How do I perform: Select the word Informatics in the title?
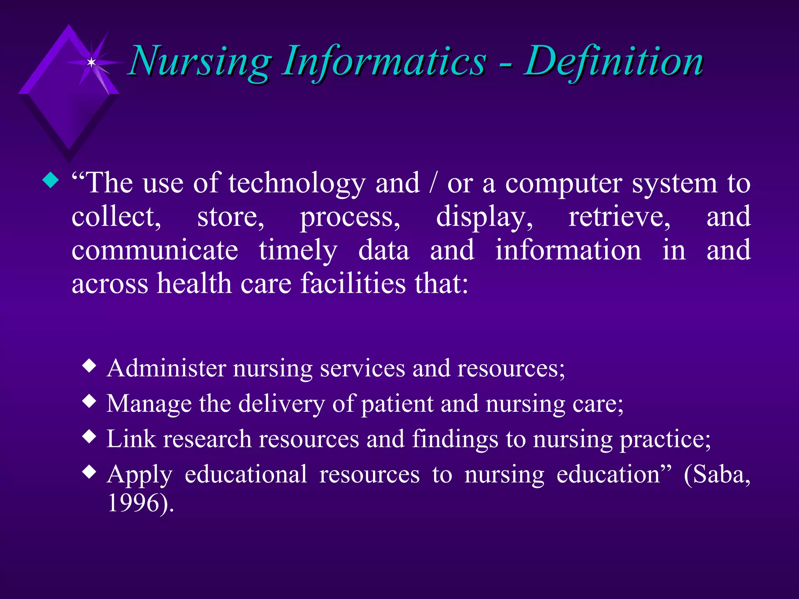(384, 62)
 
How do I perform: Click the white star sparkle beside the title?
(91, 62)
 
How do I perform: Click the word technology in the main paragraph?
(297, 183)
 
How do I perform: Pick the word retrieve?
(619, 217)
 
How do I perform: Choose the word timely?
(298, 251)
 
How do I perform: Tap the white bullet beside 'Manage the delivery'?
(90, 401)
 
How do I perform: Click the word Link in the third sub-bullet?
(131, 439)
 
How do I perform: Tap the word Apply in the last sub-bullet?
(139, 475)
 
